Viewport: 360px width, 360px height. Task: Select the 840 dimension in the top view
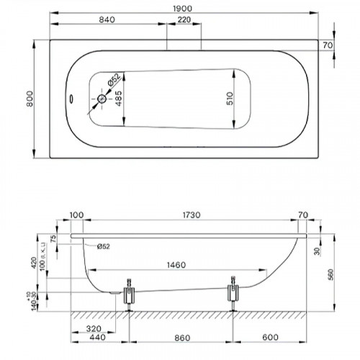click(x=108, y=19)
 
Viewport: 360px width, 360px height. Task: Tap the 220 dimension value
click(x=184, y=19)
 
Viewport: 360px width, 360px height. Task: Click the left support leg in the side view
click(x=130, y=294)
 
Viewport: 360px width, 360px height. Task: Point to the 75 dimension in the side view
click(x=53, y=241)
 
